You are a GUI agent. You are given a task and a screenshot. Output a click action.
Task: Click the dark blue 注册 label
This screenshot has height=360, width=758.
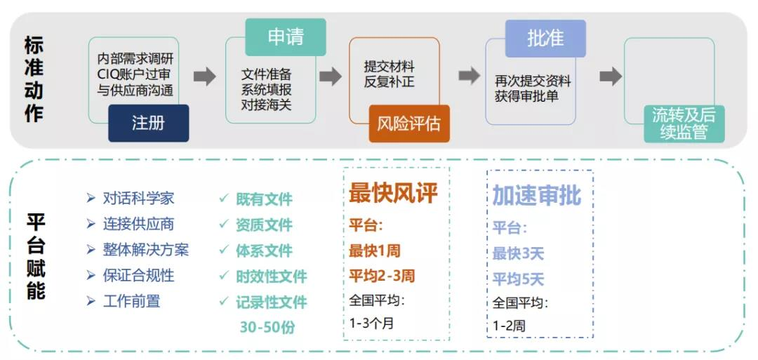pos(148,124)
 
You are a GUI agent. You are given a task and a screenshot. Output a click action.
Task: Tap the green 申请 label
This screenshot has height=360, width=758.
pos(286,37)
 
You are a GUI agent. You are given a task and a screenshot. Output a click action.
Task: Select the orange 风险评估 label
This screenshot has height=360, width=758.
pos(409,124)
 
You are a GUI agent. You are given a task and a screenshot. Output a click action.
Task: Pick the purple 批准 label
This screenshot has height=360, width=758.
pos(545,39)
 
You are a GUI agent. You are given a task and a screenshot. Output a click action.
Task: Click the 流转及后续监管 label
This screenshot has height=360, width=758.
pos(684,124)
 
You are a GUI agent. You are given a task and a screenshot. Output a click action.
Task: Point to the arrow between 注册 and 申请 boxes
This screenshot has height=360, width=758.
pos(204,76)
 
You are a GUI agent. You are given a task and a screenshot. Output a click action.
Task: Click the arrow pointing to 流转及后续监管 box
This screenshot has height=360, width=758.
pos(611,76)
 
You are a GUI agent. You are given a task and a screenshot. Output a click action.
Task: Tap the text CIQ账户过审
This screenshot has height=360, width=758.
pos(134,75)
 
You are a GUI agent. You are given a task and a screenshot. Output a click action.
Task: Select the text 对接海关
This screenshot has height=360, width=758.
pos(267,105)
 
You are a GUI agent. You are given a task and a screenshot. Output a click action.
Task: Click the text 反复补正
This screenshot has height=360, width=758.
pos(389,81)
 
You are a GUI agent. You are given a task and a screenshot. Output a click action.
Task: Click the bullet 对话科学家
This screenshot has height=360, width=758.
pos(130,198)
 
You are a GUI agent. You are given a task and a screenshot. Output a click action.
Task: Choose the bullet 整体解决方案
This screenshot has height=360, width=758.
pos(138,249)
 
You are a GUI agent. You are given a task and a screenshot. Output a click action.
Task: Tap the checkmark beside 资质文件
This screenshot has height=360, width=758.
pos(223,225)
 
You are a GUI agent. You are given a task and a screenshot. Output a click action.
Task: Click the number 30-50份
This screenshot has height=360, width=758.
pos(267,327)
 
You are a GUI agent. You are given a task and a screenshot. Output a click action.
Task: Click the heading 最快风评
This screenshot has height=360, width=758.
pos(393,193)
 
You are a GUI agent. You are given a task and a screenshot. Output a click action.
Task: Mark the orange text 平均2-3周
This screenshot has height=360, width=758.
pos(381,276)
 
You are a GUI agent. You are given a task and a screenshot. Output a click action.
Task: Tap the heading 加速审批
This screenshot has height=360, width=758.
pos(537,195)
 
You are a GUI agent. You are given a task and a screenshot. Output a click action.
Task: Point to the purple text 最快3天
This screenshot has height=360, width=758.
pos(518,253)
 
